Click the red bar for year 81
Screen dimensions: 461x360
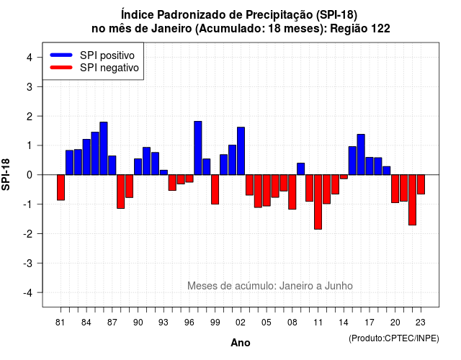click(x=61, y=187)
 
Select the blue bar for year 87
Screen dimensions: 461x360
click(x=112, y=165)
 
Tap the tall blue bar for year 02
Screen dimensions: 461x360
click(x=241, y=151)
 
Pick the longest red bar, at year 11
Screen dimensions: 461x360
click(x=318, y=202)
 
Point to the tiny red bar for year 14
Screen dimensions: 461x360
click(x=344, y=177)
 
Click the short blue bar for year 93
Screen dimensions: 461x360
click(x=164, y=173)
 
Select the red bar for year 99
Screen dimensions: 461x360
click(x=215, y=189)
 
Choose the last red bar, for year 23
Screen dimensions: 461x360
click(x=421, y=184)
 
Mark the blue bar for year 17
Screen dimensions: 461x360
click(x=370, y=166)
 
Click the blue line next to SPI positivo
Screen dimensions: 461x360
click(x=61, y=55)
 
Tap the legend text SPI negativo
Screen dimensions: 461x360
click(x=109, y=68)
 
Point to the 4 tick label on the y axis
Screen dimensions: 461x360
click(x=30, y=58)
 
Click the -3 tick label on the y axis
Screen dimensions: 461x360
click(x=28, y=264)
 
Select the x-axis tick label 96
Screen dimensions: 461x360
click(x=189, y=323)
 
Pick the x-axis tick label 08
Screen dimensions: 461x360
click(x=292, y=323)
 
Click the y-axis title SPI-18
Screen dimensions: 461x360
click(x=6, y=174)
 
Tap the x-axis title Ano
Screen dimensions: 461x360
click(x=241, y=343)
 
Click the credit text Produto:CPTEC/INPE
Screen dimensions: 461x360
click(x=394, y=338)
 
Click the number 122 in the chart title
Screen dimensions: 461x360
click(x=380, y=29)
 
